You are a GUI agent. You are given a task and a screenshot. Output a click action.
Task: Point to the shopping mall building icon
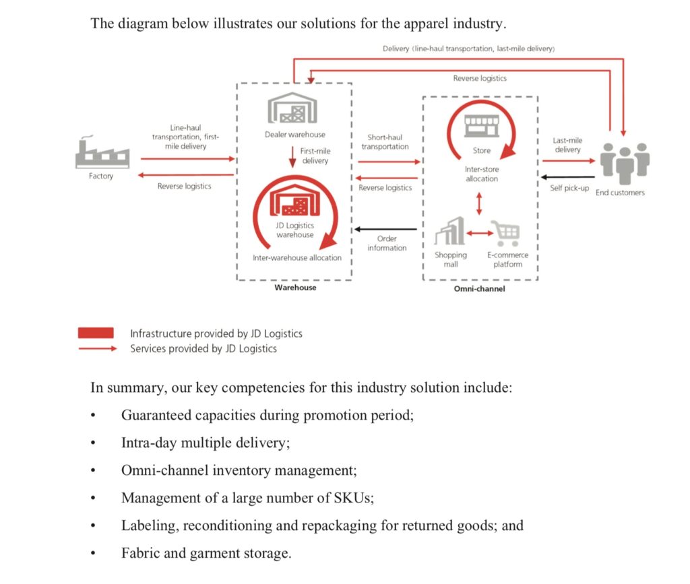click(450, 232)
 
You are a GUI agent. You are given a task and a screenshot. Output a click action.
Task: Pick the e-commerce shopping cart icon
click(507, 233)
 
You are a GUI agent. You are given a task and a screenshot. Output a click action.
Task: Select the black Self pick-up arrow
click(569, 178)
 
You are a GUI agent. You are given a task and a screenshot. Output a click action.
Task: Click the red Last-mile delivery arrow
click(569, 161)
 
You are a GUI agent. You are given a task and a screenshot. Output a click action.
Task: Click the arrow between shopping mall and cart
click(478, 233)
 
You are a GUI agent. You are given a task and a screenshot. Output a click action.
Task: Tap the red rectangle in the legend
click(96, 333)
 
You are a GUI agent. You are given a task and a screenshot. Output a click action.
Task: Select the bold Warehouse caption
click(295, 288)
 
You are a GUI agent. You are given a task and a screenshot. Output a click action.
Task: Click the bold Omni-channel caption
click(480, 289)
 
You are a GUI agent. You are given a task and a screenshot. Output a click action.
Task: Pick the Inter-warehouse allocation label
click(297, 257)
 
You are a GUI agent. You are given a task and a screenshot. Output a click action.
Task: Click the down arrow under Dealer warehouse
click(292, 156)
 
